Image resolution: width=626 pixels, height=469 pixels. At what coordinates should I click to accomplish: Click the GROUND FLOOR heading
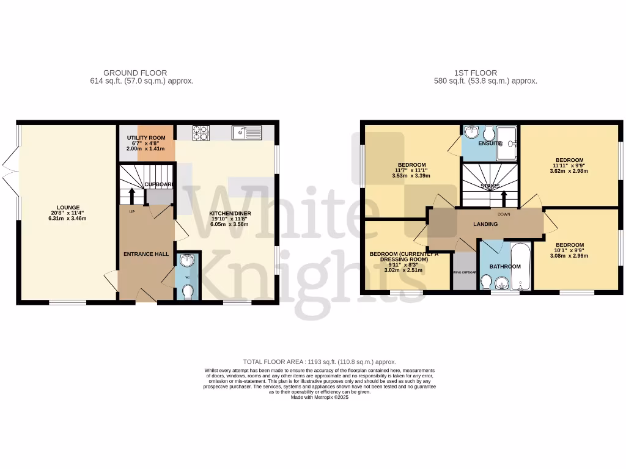[135, 73]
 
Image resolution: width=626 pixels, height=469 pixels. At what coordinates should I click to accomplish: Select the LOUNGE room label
[68, 208]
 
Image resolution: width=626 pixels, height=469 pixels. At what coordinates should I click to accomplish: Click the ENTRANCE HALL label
[146, 254]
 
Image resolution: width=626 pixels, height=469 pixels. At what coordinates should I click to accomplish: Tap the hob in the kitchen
[201, 133]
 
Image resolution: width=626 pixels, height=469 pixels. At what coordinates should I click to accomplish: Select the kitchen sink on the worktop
[246, 132]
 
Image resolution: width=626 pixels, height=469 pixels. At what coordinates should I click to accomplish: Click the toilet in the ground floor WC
[187, 293]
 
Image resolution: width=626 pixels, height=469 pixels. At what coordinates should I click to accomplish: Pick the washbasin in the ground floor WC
[187, 261]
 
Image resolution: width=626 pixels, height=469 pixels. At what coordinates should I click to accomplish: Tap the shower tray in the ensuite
[507, 143]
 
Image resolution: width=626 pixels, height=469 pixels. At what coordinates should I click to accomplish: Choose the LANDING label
[485, 224]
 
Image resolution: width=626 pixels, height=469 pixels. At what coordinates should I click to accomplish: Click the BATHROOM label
[505, 266]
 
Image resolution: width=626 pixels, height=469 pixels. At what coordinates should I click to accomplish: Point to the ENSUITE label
[489, 143]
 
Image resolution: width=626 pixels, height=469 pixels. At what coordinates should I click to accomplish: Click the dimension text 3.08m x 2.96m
[571, 256]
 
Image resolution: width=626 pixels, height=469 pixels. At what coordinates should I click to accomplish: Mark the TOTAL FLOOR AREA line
[320, 362]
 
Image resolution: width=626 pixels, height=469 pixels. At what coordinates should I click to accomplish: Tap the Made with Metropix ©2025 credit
[320, 397]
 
